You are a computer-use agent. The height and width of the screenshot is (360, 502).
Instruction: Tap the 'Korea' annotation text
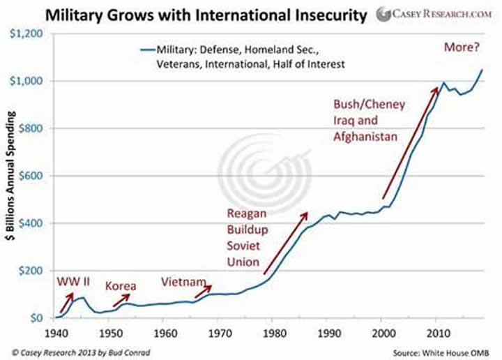[121, 285]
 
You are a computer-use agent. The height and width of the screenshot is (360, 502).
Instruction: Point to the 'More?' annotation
[462, 48]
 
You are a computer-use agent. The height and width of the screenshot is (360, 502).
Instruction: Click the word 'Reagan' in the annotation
[247, 213]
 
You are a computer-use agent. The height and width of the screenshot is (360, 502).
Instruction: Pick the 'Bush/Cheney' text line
[365, 105]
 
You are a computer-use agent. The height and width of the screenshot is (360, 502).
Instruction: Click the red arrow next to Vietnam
[202, 289]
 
